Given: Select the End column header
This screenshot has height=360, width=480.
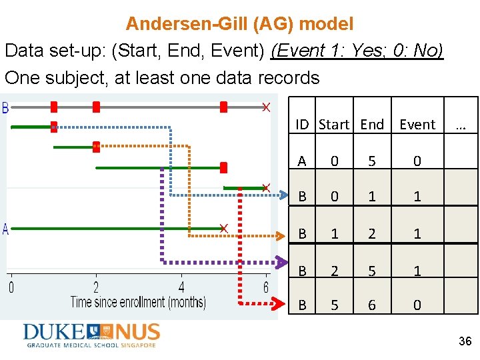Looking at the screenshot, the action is pyautogui.click(x=372, y=125).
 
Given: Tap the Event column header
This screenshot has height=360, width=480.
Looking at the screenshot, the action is pyautogui.click(x=417, y=125).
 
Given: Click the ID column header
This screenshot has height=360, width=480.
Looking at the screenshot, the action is pyautogui.click(x=303, y=125).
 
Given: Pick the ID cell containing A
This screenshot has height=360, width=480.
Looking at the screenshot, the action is pyautogui.click(x=302, y=161).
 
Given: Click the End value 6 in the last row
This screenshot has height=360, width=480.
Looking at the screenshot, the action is pyautogui.click(x=372, y=305).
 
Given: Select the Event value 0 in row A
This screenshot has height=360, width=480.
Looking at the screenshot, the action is pyautogui.click(x=417, y=161).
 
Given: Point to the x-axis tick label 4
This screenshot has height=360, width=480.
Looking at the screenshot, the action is pyautogui.click(x=181, y=288).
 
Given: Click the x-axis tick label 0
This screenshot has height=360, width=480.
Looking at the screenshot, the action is pyautogui.click(x=11, y=288).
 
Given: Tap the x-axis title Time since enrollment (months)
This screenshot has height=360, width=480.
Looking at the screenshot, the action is pyautogui.click(x=138, y=302).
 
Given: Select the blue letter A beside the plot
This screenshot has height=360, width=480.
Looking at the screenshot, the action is pyautogui.click(x=6, y=229).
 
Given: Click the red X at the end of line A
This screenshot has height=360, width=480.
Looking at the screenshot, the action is pyautogui.click(x=224, y=229).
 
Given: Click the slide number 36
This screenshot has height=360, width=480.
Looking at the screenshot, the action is pyautogui.click(x=465, y=341).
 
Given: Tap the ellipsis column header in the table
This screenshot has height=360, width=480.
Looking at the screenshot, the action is pyautogui.click(x=460, y=125).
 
